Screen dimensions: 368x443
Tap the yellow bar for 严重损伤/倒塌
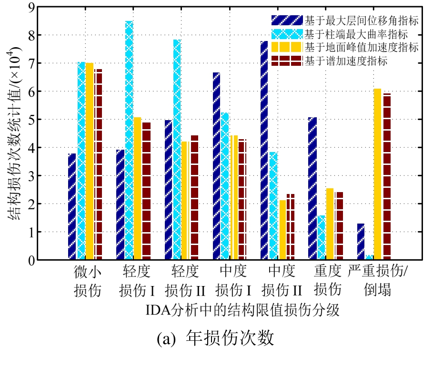coord(377,174)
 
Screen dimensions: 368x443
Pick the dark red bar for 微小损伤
coord(98,164)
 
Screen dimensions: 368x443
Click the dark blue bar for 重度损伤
coord(312,188)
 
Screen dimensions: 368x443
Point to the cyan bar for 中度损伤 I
coord(225,186)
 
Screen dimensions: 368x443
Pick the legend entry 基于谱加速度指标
coord(345,61)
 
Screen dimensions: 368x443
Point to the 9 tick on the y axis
coord(31,8)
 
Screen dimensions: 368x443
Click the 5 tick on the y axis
coord(31,120)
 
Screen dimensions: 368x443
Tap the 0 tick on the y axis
coord(31,260)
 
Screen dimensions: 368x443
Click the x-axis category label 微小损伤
coord(88,281)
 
